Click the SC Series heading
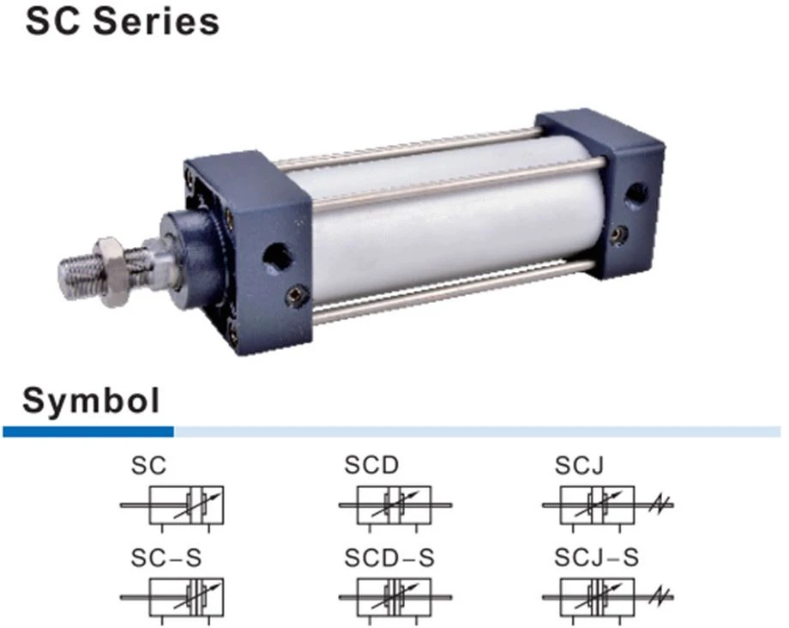click(123, 21)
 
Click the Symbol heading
click(91, 401)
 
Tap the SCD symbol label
click(371, 465)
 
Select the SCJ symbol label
click(579, 465)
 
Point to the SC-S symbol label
click(166, 558)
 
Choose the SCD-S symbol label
click(389, 558)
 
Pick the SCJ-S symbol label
click(596, 558)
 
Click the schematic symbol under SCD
click(395, 507)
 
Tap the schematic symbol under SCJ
click(607, 507)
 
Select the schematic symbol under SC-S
click(172, 600)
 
